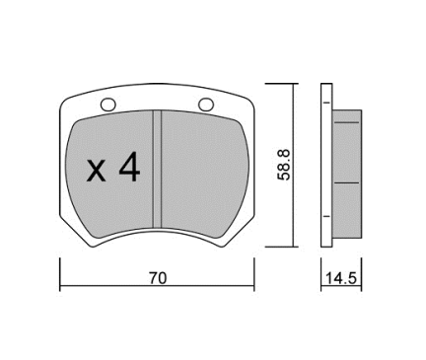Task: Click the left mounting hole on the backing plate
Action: click(108, 105)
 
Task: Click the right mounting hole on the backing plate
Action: click(206, 105)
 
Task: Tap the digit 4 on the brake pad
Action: click(130, 167)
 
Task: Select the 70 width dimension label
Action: click(158, 278)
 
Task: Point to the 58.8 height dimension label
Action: click(284, 165)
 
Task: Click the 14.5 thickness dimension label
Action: click(341, 278)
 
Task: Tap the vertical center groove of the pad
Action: click(158, 169)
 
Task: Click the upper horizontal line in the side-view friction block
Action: click(347, 122)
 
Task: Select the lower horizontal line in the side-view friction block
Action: click(347, 182)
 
